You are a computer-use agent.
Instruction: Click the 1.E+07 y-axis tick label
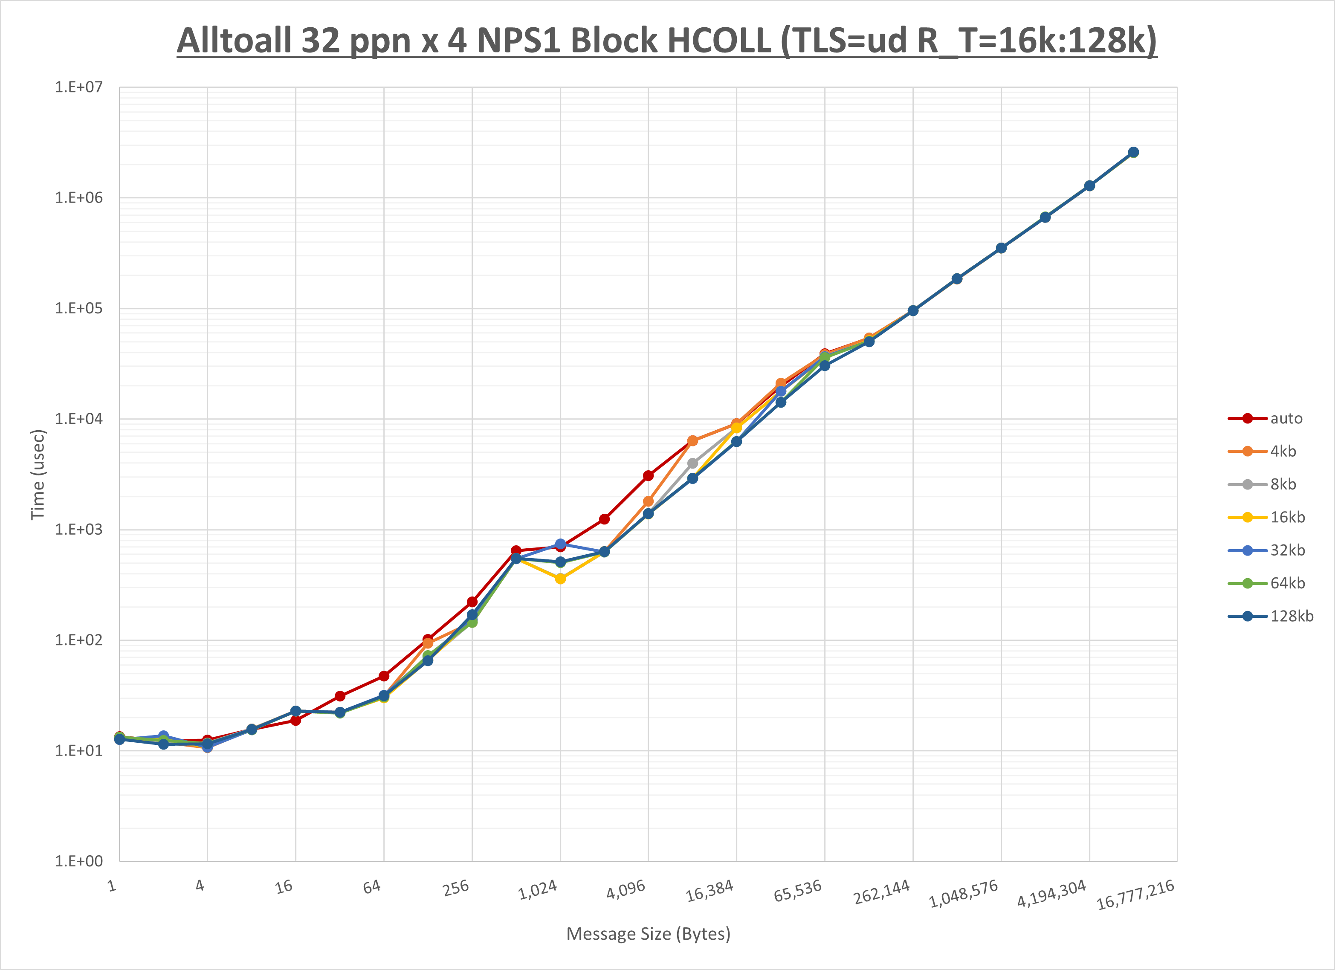pos(79,87)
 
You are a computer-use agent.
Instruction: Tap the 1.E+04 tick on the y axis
pos(79,419)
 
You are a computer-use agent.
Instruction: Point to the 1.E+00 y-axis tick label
pos(79,862)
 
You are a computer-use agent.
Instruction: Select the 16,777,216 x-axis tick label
pos(1135,895)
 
